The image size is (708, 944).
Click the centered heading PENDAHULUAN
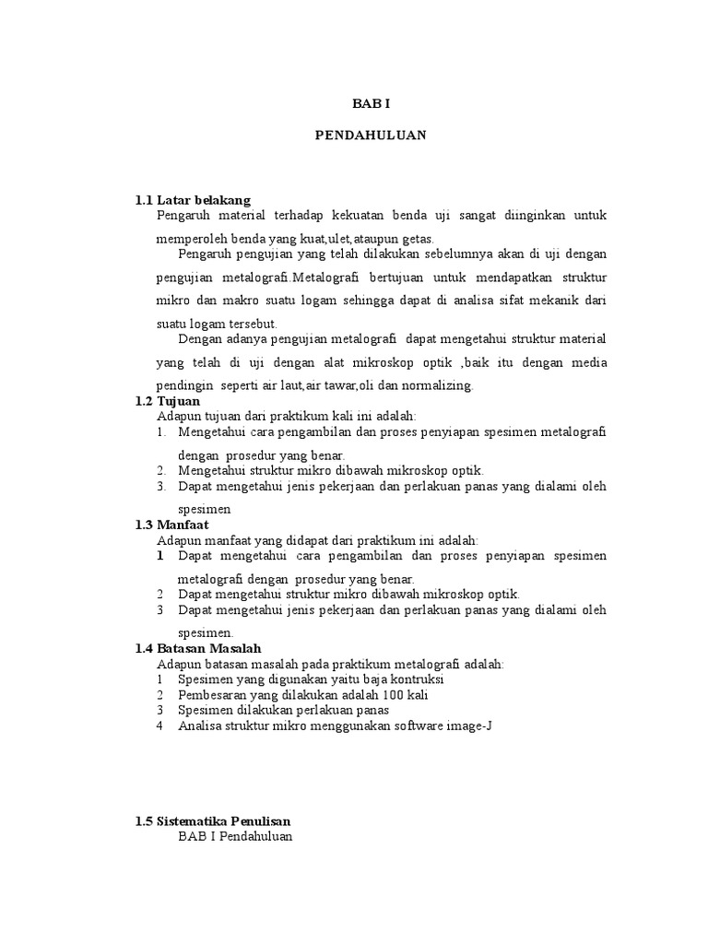point(372,135)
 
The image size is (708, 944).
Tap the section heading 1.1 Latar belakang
point(193,200)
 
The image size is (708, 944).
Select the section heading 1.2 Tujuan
point(167,401)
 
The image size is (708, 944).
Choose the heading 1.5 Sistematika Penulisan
point(212,820)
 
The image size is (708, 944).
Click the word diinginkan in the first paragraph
point(531,216)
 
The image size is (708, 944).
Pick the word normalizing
point(431,385)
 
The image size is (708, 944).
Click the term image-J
point(471,726)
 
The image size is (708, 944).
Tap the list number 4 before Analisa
point(159,726)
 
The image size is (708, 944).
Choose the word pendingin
point(184,385)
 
